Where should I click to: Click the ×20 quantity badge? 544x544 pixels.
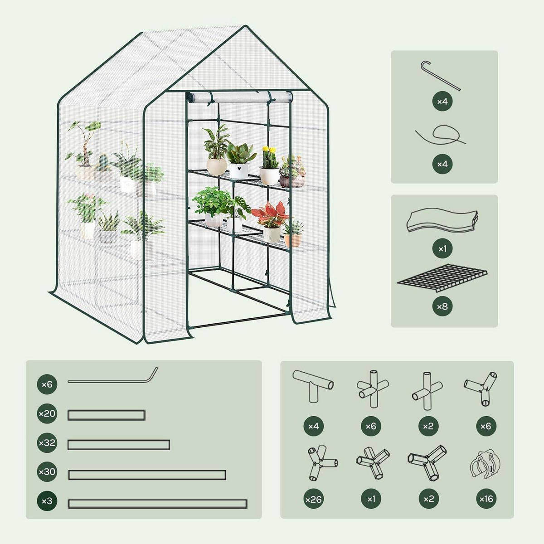pyautogui.click(x=47, y=413)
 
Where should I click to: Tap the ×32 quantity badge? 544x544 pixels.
pyautogui.click(x=47, y=442)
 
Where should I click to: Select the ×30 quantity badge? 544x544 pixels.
pyautogui.click(x=47, y=472)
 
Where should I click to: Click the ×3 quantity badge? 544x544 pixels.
pyautogui.click(x=47, y=501)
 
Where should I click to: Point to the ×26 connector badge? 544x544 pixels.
pyautogui.click(x=314, y=499)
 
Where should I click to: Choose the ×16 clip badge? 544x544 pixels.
pyautogui.click(x=486, y=499)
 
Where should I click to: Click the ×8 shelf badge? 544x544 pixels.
pyautogui.click(x=442, y=306)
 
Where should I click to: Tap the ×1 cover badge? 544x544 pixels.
pyautogui.click(x=442, y=248)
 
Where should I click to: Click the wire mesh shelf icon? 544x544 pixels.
pyautogui.click(x=442, y=278)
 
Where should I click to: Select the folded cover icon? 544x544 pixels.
pyautogui.click(x=442, y=220)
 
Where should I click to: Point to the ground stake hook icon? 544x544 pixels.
pyautogui.click(x=440, y=76)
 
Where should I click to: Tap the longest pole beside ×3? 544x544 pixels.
pyautogui.click(x=157, y=504)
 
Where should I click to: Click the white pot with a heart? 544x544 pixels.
pyautogui.click(x=238, y=170)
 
